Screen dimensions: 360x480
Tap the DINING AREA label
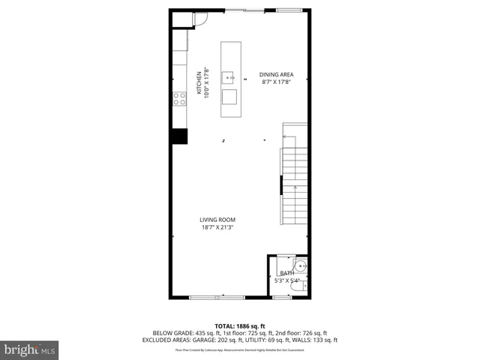pos(276,74)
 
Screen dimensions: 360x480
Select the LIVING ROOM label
pos(217,220)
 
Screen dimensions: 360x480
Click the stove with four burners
pos(180,97)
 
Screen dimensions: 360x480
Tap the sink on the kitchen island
pos(231,76)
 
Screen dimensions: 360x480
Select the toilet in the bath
pos(285,276)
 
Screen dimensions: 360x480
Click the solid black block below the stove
pos(179,136)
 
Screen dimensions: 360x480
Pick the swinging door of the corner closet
pos(200,22)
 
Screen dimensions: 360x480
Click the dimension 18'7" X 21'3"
pos(217,227)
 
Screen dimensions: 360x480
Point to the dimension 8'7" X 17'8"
pos(276,82)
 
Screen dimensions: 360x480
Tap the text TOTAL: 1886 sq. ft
pos(240,325)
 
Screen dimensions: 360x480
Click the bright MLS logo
pos(30,349)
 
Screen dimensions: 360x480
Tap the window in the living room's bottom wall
pos(217,298)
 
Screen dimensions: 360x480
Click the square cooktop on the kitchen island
pos(230,97)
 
